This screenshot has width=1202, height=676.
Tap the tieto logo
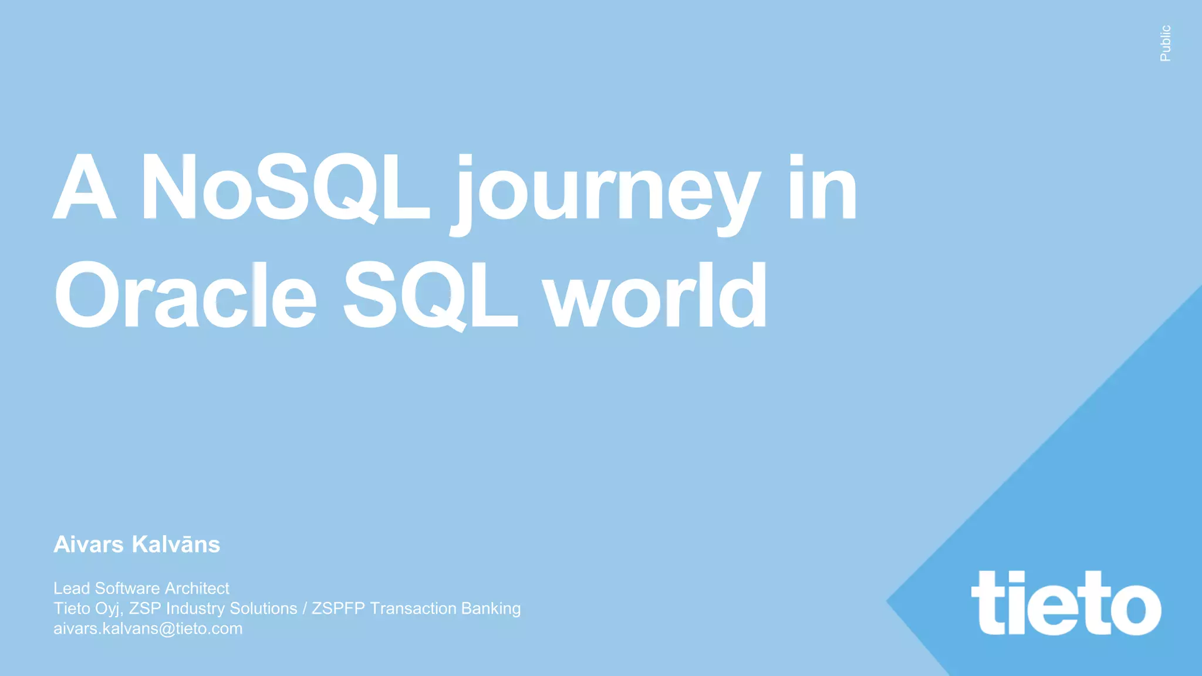[x=1066, y=603]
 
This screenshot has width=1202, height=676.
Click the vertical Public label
[x=1166, y=43]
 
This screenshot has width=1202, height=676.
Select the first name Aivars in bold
[x=89, y=545]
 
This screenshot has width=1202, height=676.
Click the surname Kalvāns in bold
[x=176, y=545]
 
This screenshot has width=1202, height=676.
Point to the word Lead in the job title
[x=72, y=588]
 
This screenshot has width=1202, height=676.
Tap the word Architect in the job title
[x=197, y=588]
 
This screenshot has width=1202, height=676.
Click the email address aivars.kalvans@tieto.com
[x=148, y=628]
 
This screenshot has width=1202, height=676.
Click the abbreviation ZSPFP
[x=338, y=609]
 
